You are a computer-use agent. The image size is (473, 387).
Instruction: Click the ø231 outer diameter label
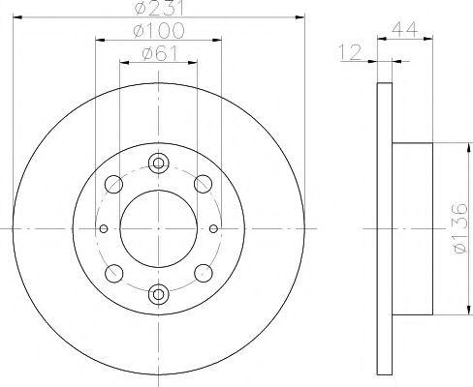pyautogui.click(x=160, y=11)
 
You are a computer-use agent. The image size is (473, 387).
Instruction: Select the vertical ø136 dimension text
pyautogui.click(x=459, y=227)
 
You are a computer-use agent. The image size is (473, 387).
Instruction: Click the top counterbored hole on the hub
pyautogui.click(x=159, y=164)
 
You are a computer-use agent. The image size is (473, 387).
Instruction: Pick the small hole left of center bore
pyautogui.click(x=104, y=229)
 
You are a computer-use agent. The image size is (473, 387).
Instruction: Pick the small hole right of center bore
pyautogui.click(x=214, y=229)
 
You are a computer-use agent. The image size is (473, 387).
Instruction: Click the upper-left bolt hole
pyautogui.click(x=114, y=184)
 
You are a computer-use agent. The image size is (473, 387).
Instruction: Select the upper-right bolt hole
pyautogui.click(x=204, y=184)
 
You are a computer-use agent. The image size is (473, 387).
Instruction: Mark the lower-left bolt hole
pyautogui.click(x=114, y=273)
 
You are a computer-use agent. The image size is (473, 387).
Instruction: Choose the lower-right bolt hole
pyautogui.click(x=204, y=273)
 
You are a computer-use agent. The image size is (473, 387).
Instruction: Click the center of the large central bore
pyautogui.click(x=159, y=228)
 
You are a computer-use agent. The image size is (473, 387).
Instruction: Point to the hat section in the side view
pyautogui.click(x=413, y=228)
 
